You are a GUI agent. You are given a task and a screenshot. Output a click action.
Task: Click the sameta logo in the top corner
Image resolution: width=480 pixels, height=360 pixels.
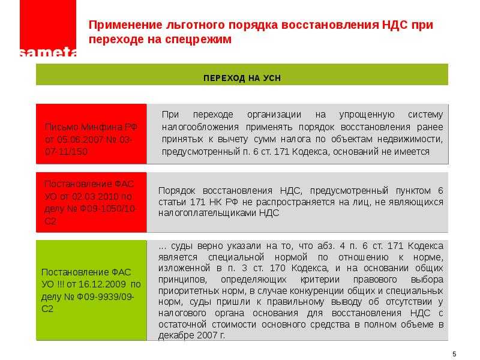pos(48,28)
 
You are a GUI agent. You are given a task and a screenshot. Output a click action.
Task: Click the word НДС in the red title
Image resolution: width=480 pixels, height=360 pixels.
pos(395,25)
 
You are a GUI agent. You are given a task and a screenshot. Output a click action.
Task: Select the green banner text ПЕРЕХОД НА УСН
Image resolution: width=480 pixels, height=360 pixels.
pos(242,78)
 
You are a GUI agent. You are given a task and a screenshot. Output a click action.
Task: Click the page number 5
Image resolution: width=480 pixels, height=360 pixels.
pos(454,354)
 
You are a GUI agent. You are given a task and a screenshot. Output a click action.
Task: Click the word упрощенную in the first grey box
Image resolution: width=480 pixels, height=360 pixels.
pos(367,115)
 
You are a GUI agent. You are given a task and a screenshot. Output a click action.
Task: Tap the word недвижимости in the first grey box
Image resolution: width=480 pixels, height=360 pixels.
pos(410,140)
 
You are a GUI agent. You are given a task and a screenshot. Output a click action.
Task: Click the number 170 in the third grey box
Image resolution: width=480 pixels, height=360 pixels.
pos(277,268)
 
